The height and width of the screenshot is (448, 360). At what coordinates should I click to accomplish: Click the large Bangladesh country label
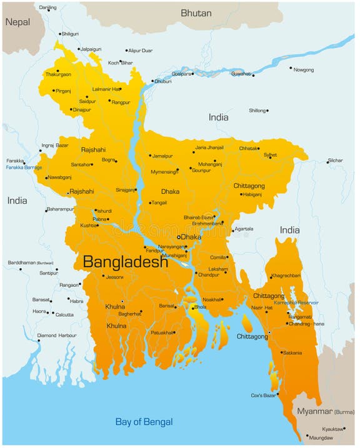point(125,261)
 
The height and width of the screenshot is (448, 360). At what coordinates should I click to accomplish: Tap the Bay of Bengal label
point(144,422)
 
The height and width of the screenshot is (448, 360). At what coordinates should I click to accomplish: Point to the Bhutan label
point(196,12)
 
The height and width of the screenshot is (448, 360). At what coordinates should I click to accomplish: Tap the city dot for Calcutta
point(52,314)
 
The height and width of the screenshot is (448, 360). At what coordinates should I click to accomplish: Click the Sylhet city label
point(270,154)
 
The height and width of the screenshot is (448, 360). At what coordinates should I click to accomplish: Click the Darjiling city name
point(47,7)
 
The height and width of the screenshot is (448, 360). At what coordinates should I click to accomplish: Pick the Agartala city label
point(244,229)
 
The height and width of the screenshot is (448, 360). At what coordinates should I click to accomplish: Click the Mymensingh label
point(164,171)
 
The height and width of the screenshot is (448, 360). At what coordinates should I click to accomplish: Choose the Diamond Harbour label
point(57,336)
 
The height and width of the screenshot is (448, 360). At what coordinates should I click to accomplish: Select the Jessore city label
point(115,277)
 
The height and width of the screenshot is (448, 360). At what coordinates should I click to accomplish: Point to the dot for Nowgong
point(291,69)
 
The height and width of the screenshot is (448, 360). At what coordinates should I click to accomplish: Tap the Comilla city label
point(217,257)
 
